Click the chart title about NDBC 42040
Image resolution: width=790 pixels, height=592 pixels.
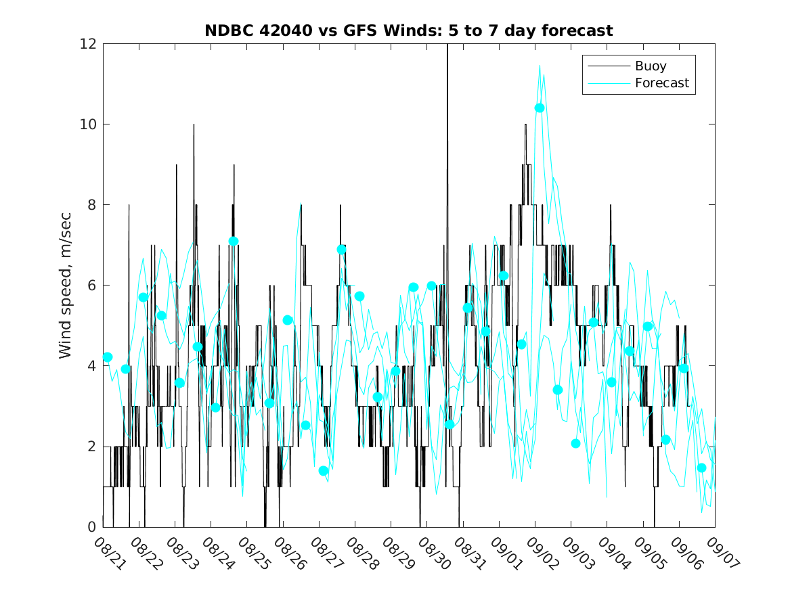[x=409, y=30]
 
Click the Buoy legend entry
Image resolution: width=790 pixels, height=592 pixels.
[x=650, y=66]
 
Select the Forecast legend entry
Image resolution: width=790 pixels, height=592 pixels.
[x=661, y=83]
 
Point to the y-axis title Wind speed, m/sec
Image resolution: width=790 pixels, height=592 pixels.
[x=65, y=285]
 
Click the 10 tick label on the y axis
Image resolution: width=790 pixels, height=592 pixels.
[x=87, y=124]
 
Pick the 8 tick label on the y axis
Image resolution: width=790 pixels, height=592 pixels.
[x=91, y=205]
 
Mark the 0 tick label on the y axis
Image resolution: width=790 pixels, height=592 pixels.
[x=91, y=527]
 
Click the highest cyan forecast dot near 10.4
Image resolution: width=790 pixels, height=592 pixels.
[x=540, y=108]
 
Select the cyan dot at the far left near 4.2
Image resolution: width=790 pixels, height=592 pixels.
[x=107, y=357]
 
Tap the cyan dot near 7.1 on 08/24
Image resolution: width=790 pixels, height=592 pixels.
[x=234, y=241]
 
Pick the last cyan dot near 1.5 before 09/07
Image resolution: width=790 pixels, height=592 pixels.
[x=701, y=468]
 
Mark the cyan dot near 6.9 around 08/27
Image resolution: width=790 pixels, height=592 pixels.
[x=341, y=249]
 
